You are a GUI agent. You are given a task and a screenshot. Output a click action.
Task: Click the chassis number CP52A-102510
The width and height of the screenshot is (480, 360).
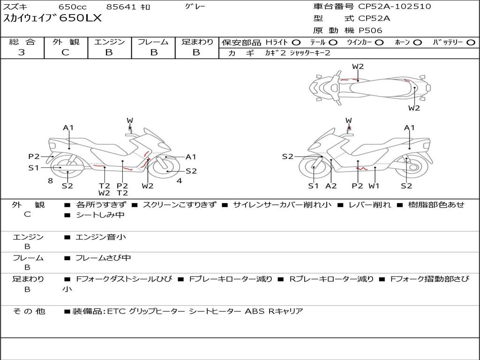click(394, 7)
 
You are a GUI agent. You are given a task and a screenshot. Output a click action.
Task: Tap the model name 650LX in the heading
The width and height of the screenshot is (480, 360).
click(80, 18)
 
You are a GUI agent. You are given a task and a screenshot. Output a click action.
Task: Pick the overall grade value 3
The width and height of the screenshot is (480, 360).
click(22, 52)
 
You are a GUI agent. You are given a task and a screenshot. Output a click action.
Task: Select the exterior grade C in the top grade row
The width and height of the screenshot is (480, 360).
click(66, 52)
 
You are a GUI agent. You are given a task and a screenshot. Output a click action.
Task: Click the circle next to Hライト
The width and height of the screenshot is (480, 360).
click(296, 43)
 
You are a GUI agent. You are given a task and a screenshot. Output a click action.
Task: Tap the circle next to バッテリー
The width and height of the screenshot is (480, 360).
click(471, 43)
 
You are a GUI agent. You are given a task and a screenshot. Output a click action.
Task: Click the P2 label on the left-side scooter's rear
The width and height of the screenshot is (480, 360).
click(34, 157)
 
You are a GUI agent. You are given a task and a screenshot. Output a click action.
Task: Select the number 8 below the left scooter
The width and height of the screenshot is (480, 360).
click(51, 180)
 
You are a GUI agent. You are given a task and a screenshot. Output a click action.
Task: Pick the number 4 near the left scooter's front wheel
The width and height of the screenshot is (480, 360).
click(180, 180)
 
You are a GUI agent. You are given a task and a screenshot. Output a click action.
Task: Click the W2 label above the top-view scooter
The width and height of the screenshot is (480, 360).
click(358, 67)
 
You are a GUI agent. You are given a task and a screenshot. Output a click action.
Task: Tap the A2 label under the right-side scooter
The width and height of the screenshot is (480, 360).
click(331, 186)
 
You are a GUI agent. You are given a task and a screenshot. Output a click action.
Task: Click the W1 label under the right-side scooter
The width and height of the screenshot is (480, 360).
click(374, 186)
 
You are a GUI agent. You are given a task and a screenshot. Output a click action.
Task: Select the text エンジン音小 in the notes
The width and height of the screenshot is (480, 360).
click(101, 237)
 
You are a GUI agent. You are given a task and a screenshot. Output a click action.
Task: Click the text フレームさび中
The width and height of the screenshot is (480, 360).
click(103, 258)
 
